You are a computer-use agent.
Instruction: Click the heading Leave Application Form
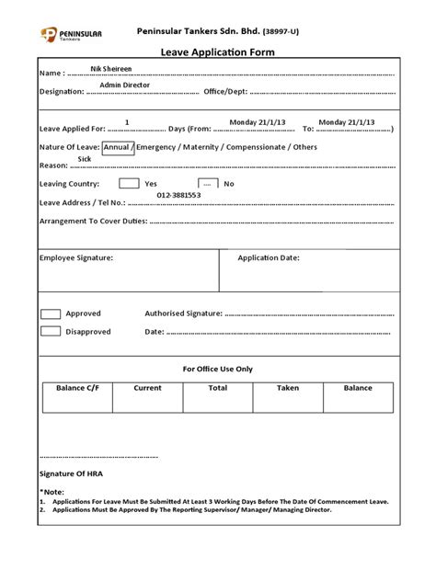(217, 52)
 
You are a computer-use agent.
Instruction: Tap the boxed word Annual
(117, 147)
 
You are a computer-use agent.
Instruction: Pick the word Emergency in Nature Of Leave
(159, 147)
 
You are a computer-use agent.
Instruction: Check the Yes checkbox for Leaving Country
(129, 184)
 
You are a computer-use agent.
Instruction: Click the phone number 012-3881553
(178, 195)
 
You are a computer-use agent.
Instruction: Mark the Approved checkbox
(51, 313)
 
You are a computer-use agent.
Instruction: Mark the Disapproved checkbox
(51, 332)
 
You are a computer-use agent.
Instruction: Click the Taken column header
(288, 388)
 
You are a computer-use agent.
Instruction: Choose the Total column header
(218, 388)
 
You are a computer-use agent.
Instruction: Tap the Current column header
(147, 388)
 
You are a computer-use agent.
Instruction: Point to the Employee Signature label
(76, 258)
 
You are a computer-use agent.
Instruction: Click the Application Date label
(269, 258)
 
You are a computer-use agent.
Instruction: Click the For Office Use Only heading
(218, 368)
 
